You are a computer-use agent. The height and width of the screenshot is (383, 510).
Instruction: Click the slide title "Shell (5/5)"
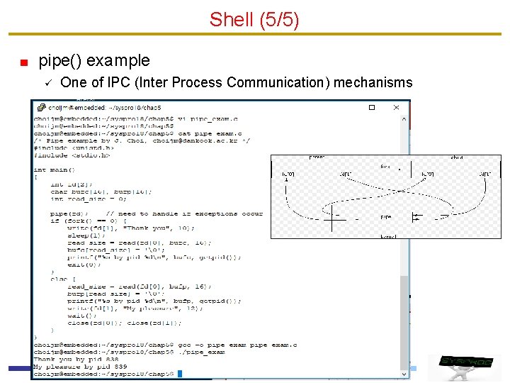coord(254,19)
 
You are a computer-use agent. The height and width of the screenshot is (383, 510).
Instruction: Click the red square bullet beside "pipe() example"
coord(23,62)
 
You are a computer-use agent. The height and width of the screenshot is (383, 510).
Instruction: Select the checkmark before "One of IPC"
coord(47,83)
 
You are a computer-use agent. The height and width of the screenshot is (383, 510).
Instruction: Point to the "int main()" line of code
coord(50,170)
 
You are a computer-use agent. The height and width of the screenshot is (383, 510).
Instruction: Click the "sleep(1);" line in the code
coord(84,235)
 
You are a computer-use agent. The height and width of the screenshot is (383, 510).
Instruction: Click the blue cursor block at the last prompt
coord(180,374)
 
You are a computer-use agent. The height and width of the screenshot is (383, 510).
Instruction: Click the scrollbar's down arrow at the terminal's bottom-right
coord(405,373)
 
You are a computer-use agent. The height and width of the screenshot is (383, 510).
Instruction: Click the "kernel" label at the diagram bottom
coord(387,235)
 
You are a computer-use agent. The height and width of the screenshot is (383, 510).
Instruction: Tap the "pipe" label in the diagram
coord(386,216)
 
